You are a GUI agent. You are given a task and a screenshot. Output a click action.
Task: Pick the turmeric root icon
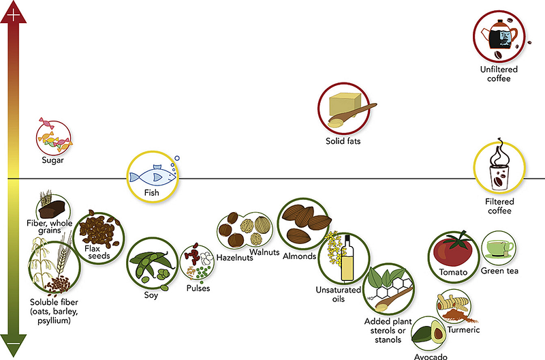click(456, 306)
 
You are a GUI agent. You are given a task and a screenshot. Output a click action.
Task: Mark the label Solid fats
click(343, 141)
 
